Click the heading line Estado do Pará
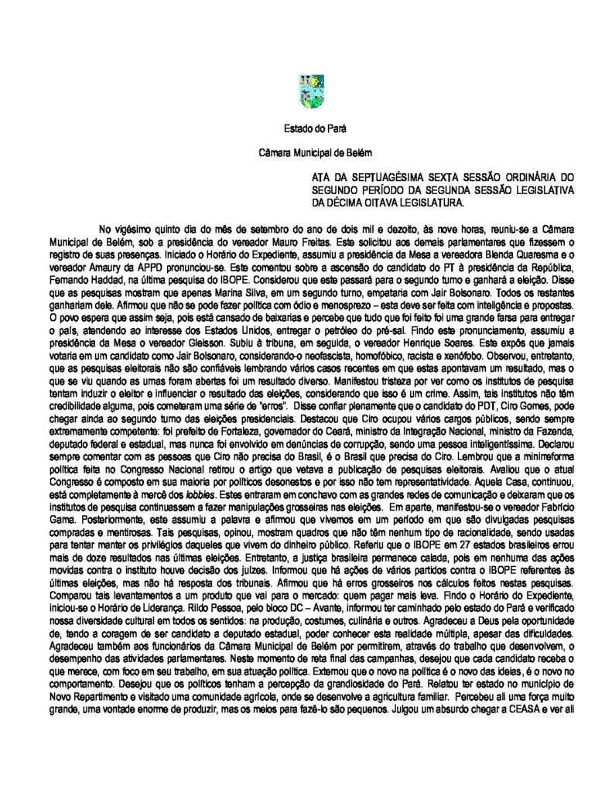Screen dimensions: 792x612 (306, 128)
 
